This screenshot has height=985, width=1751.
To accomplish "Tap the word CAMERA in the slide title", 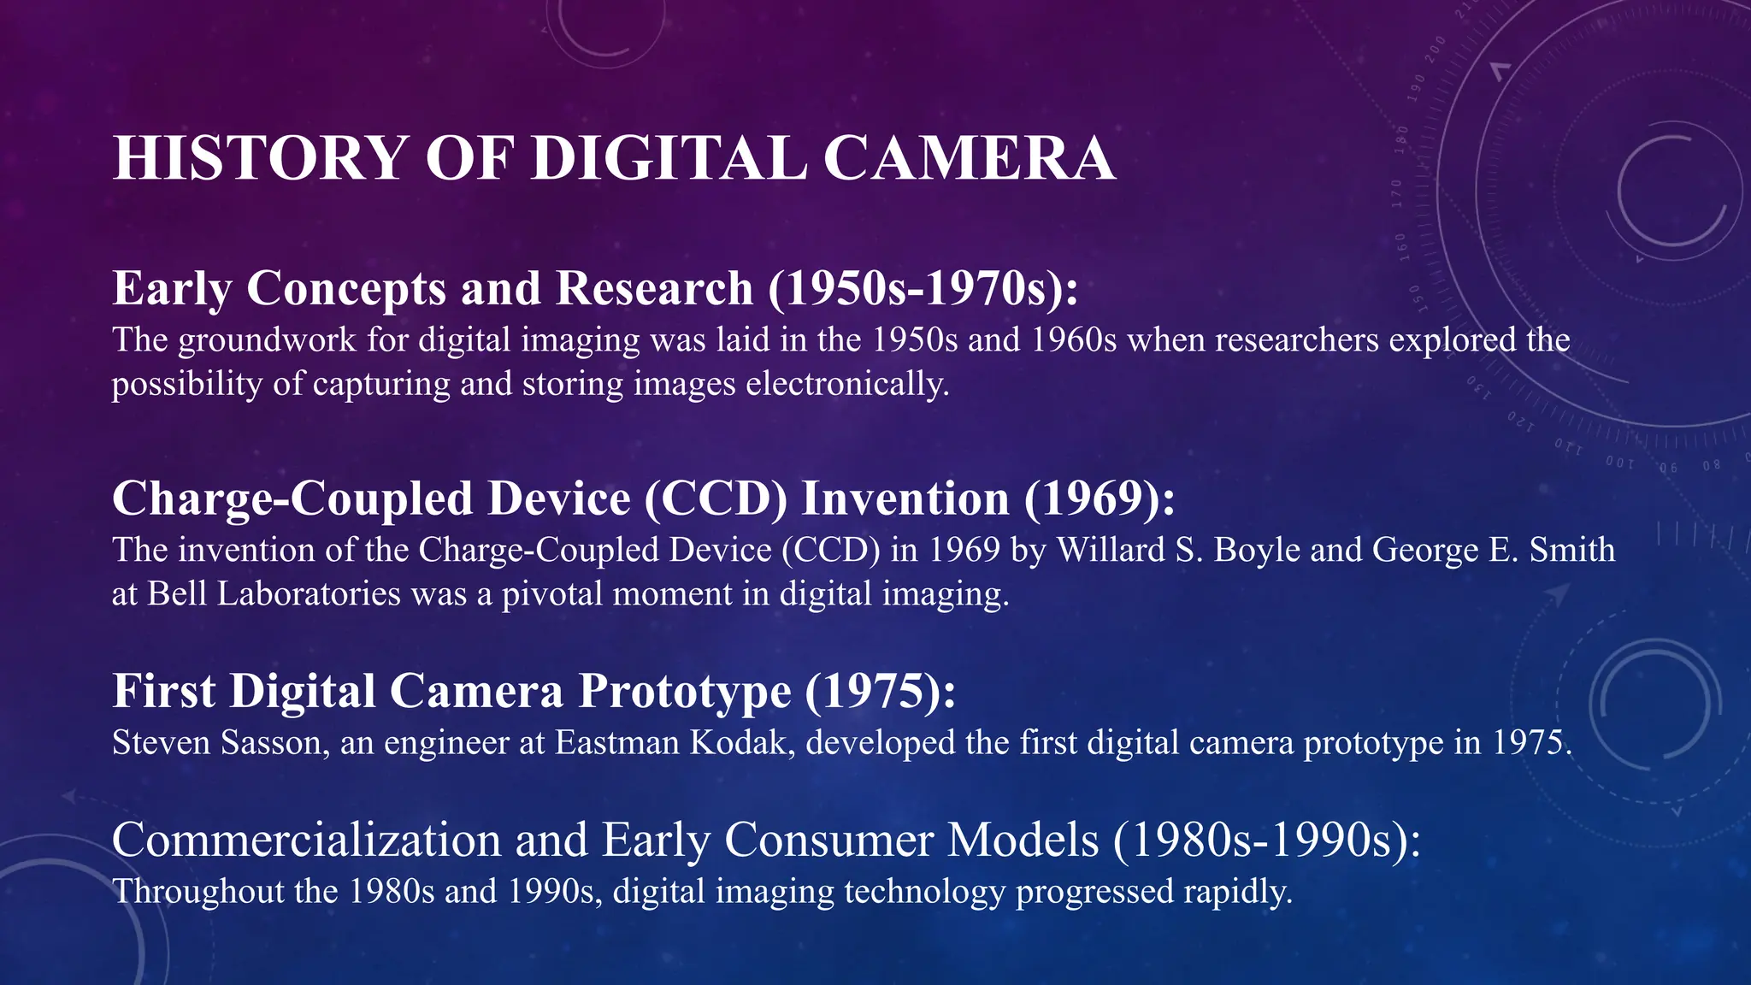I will [969, 159].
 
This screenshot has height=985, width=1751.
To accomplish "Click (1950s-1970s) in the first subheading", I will [923, 289].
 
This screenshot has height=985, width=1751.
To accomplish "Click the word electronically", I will [847, 384].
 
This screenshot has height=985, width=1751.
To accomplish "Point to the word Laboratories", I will [308, 593].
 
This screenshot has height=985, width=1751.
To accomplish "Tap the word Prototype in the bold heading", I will [685, 691].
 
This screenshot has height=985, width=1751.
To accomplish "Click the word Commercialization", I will [306, 840].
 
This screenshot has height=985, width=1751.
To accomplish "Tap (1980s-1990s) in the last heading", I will [1266, 840].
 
